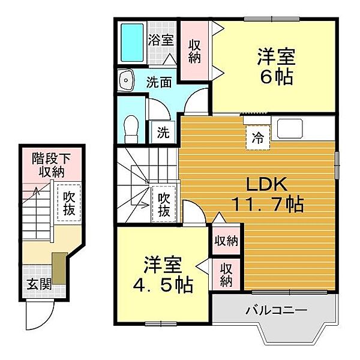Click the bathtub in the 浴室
click(x=132, y=43)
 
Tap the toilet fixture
click(x=131, y=130)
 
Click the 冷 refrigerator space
click(x=258, y=138)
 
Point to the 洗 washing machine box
click(x=163, y=133)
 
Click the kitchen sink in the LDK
click(x=290, y=128)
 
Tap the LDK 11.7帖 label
click(x=268, y=194)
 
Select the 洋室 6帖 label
click(x=276, y=66)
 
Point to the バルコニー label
click(x=277, y=311)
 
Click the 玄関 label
click(x=39, y=284)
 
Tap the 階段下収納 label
click(x=51, y=165)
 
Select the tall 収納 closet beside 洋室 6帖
click(x=194, y=51)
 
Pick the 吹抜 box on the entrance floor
click(x=69, y=203)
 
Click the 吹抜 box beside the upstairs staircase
click(x=164, y=204)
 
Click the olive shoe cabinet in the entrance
click(x=59, y=268)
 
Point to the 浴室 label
click(x=161, y=40)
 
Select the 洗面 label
click(x=159, y=82)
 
